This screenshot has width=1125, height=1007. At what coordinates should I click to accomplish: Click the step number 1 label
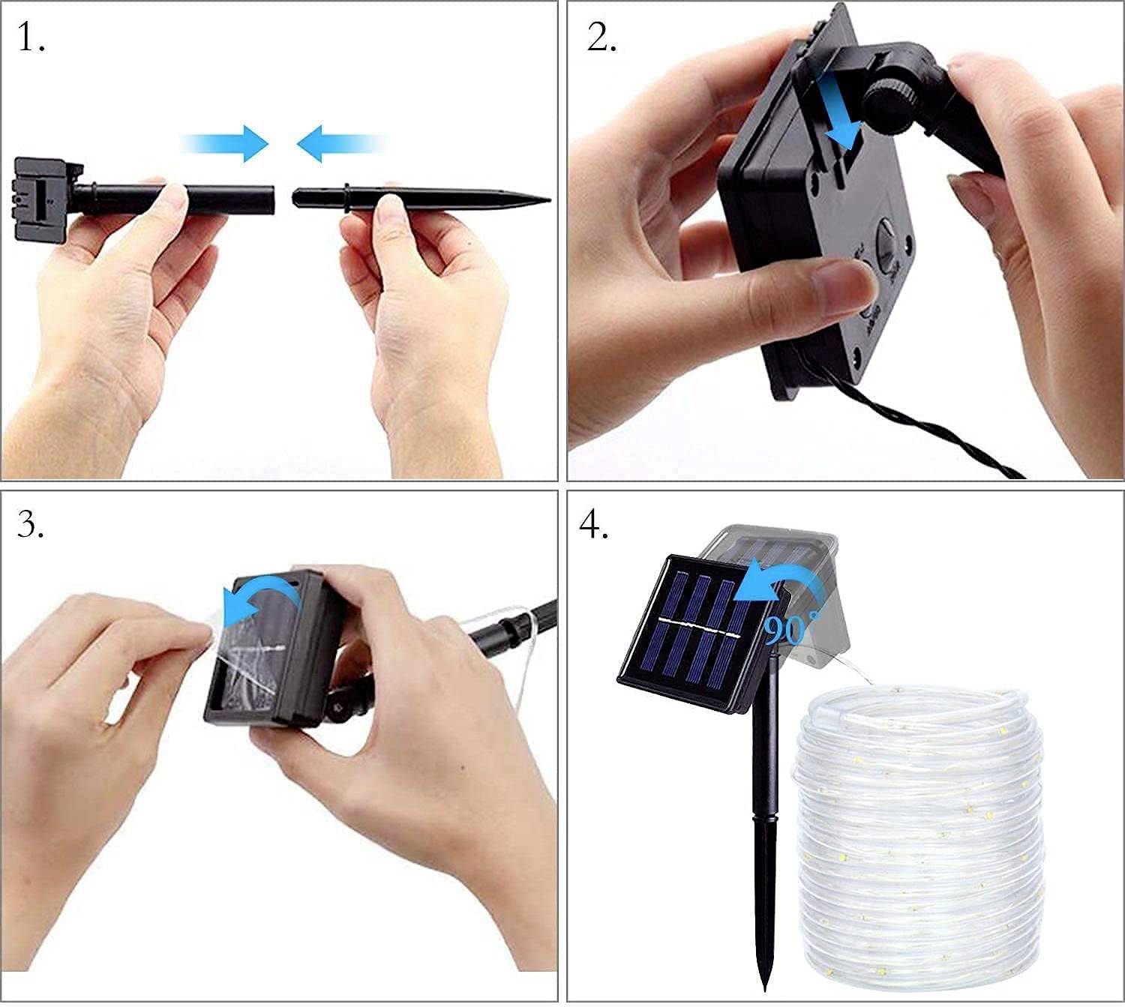point(30,37)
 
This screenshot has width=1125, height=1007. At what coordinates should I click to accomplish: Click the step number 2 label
point(601,37)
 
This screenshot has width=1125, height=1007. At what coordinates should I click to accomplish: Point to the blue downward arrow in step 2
point(838,112)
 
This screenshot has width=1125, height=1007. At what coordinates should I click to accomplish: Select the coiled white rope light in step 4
point(919,825)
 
